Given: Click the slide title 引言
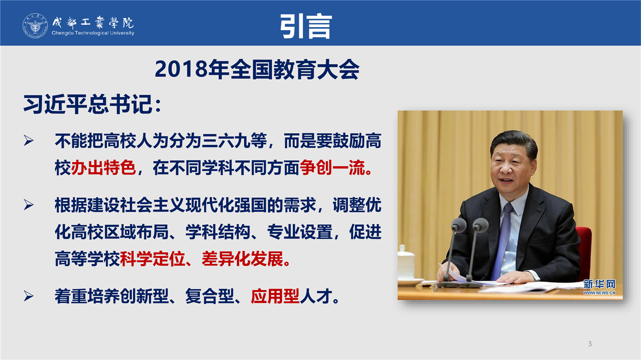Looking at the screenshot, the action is click(306, 26).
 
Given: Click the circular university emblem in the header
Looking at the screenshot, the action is click(35, 26).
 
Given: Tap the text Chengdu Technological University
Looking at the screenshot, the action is click(93, 33).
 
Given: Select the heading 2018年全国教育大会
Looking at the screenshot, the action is click(257, 70).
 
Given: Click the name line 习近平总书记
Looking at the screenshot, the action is click(88, 104).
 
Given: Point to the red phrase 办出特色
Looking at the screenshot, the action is click(103, 168).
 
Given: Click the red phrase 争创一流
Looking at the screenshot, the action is click(332, 168).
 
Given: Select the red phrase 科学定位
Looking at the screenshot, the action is click(153, 259).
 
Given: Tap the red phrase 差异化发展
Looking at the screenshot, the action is click(242, 259).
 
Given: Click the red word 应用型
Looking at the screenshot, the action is click(275, 296).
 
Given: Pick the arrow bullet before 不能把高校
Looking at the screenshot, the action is click(29, 141).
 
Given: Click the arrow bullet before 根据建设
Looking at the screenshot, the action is click(29, 205).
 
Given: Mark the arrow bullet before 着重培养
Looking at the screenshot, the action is click(29, 296).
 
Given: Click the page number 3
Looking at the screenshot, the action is click(590, 343).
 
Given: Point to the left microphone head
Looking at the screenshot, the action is click(459, 225).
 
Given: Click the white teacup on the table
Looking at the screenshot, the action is click(406, 263).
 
